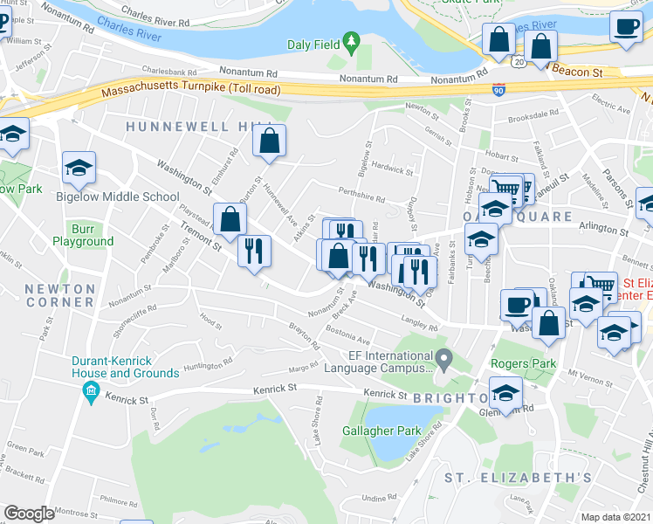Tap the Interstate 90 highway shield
click(x=496, y=88)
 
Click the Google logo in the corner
click(x=29, y=514)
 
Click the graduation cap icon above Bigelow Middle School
click(x=79, y=169)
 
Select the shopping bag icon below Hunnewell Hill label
click(x=269, y=141)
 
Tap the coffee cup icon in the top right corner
click(x=625, y=27)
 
